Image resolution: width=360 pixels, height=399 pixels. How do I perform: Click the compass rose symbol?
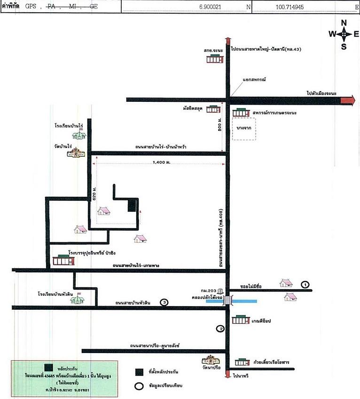pos(344,34)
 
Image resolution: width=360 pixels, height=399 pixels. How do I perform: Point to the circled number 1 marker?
pos(305,284)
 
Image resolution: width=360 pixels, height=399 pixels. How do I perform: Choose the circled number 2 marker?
pos(219,329)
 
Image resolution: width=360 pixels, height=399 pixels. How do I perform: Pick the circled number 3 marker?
pos(164,302)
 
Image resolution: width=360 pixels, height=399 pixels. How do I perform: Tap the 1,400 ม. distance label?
pos(161,162)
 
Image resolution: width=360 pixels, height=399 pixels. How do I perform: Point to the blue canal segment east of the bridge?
pos(244,300)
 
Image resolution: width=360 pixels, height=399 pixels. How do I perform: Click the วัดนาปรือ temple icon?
pos(211,361)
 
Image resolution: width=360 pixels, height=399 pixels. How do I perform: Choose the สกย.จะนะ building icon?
pos(214,59)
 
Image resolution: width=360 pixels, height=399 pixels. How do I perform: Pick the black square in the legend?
pos(139,372)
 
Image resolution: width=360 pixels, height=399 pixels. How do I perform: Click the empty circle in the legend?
pos(139,386)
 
